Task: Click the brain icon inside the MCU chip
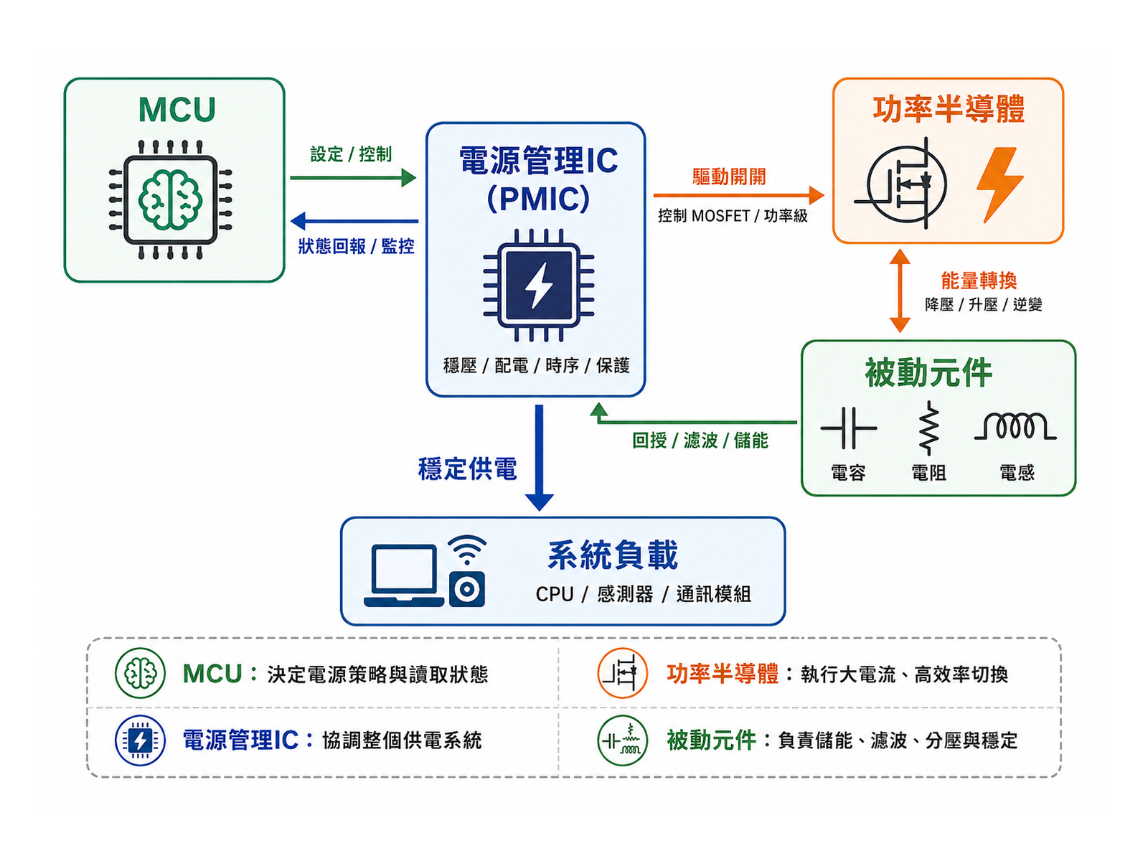[170, 199]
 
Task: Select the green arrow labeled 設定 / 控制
[353, 178]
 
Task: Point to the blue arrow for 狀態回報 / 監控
[354, 221]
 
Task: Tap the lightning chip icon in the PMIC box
[538, 285]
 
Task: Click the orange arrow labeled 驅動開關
[738, 195]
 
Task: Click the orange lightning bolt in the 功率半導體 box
[999, 184]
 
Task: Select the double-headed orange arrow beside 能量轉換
[900, 291]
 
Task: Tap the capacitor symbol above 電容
[848, 428]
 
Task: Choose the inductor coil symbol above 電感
[1015, 426]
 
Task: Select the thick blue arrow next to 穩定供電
[540, 458]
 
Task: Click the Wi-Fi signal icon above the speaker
[466, 550]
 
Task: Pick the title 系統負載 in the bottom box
[613, 555]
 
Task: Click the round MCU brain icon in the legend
[140, 673]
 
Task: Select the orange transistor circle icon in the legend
[622, 673]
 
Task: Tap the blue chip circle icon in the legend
[140, 740]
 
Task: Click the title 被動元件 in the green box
[928, 372]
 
